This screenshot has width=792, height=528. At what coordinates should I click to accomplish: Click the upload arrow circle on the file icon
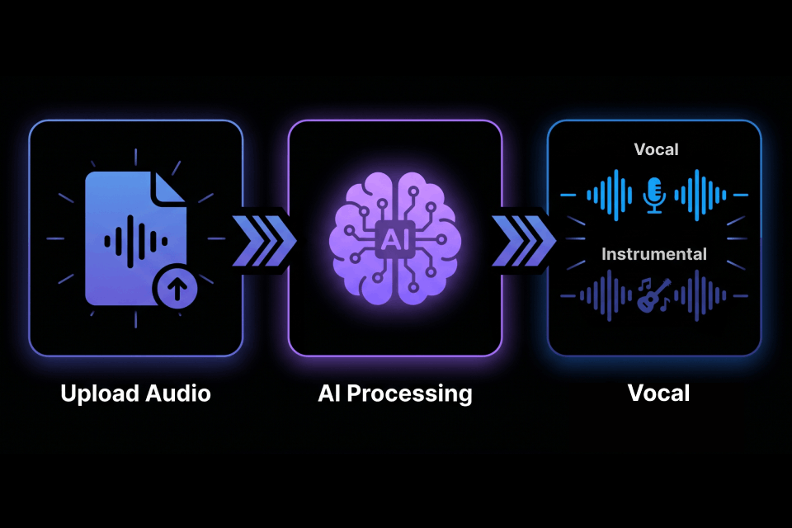coord(175,289)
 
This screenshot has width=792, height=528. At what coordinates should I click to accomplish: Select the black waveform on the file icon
coord(135,241)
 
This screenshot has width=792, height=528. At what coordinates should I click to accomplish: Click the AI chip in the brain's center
coord(394,239)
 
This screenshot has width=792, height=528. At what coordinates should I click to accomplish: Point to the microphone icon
coord(654,195)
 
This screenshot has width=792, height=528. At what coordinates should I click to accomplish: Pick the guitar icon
coord(653,295)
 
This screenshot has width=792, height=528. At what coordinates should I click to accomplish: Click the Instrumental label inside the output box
coord(654,253)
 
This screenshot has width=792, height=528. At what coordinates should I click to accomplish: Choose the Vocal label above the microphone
coord(656,149)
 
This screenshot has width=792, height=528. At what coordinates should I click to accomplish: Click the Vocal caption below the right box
coord(658,393)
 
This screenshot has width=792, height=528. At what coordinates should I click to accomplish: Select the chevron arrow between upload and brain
coord(264,241)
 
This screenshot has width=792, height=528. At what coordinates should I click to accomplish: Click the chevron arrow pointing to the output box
coord(523,241)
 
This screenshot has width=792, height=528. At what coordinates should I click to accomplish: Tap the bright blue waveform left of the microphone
coord(609,195)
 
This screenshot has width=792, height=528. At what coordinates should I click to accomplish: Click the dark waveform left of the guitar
coord(606,295)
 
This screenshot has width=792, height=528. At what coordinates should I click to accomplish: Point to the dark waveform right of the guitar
coord(700,295)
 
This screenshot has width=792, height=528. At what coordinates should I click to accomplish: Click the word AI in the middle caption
coord(329,393)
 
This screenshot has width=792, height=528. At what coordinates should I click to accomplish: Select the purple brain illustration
coord(394,239)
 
